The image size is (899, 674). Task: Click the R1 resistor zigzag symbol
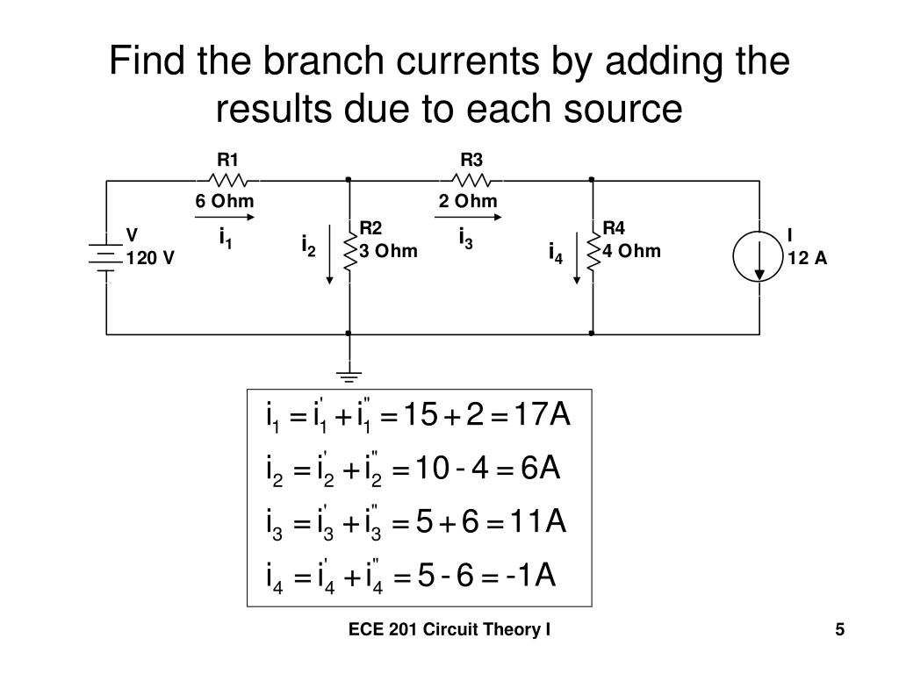tap(227, 180)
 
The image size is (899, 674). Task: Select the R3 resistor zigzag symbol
tap(471, 180)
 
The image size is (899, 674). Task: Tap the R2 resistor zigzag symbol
tap(349, 251)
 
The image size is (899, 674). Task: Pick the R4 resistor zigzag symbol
tap(593, 251)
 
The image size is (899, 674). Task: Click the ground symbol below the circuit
tap(349, 376)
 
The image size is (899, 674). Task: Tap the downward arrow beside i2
tap(330, 255)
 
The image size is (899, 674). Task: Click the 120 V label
tap(150, 258)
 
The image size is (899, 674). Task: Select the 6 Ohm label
tap(225, 201)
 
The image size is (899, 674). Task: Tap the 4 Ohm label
tap(631, 252)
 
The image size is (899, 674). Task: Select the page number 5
tap(840, 629)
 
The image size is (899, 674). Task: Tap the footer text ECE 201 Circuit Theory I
tap(449, 629)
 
